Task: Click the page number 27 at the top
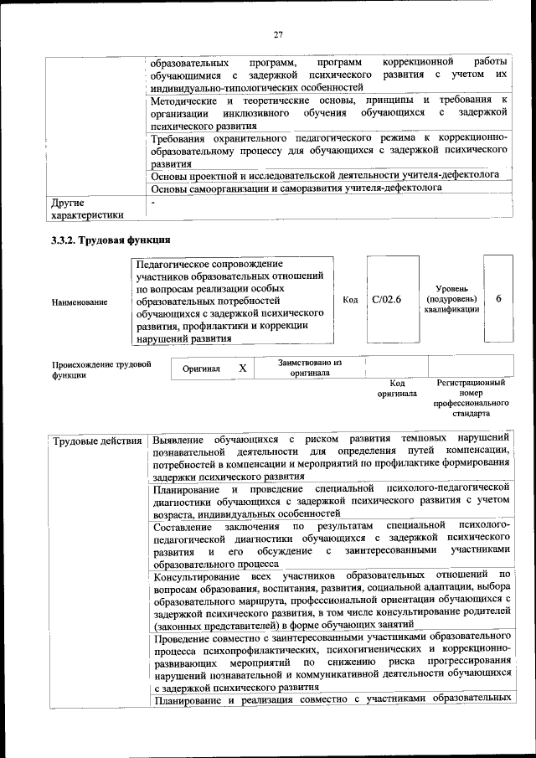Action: (279, 34)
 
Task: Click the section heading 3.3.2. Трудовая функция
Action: (111, 240)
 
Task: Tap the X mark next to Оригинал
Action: (243, 368)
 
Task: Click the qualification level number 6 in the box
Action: (499, 299)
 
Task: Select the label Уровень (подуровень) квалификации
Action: (452, 299)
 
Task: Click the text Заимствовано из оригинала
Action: (311, 368)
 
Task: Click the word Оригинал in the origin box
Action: (202, 369)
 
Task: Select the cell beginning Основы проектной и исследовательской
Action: (325, 175)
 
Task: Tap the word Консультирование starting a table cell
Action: (198, 575)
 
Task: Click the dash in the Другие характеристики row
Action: (153, 203)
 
